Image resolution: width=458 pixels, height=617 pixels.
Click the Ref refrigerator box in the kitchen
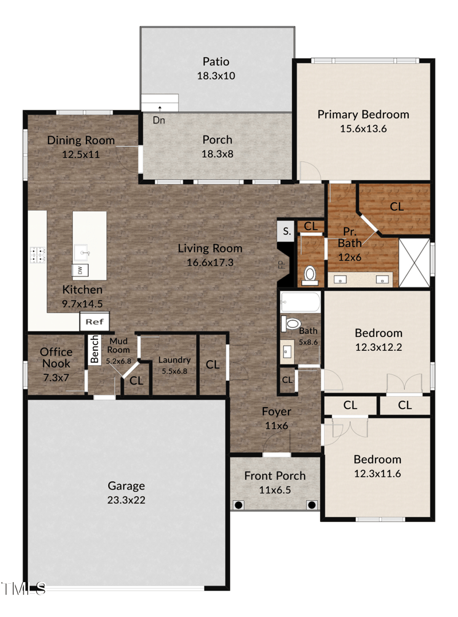tap(94, 322)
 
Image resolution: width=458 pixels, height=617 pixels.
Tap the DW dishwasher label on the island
tap(80, 270)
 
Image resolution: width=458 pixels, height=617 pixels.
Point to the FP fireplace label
tap(281, 264)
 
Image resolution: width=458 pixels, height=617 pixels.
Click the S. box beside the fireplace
tap(286, 232)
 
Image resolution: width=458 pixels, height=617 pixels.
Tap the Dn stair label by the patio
tap(159, 120)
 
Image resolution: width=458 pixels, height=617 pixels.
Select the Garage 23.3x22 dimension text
tap(127, 500)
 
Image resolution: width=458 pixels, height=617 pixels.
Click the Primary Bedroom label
tap(363, 114)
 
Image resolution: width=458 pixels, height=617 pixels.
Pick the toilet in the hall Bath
tap(292, 325)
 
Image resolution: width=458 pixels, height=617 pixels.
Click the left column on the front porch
tap(239, 505)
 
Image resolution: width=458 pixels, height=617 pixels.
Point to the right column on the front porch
tap(311, 505)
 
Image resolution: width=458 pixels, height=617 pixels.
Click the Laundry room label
tap(175, 360)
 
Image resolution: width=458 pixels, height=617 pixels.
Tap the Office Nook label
tap(56, 358)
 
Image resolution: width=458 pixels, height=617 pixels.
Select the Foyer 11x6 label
tap(277, 418)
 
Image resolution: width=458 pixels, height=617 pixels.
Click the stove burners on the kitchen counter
tap(37, 255)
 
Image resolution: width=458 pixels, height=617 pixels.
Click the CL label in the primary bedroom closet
tap(397, 207)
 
